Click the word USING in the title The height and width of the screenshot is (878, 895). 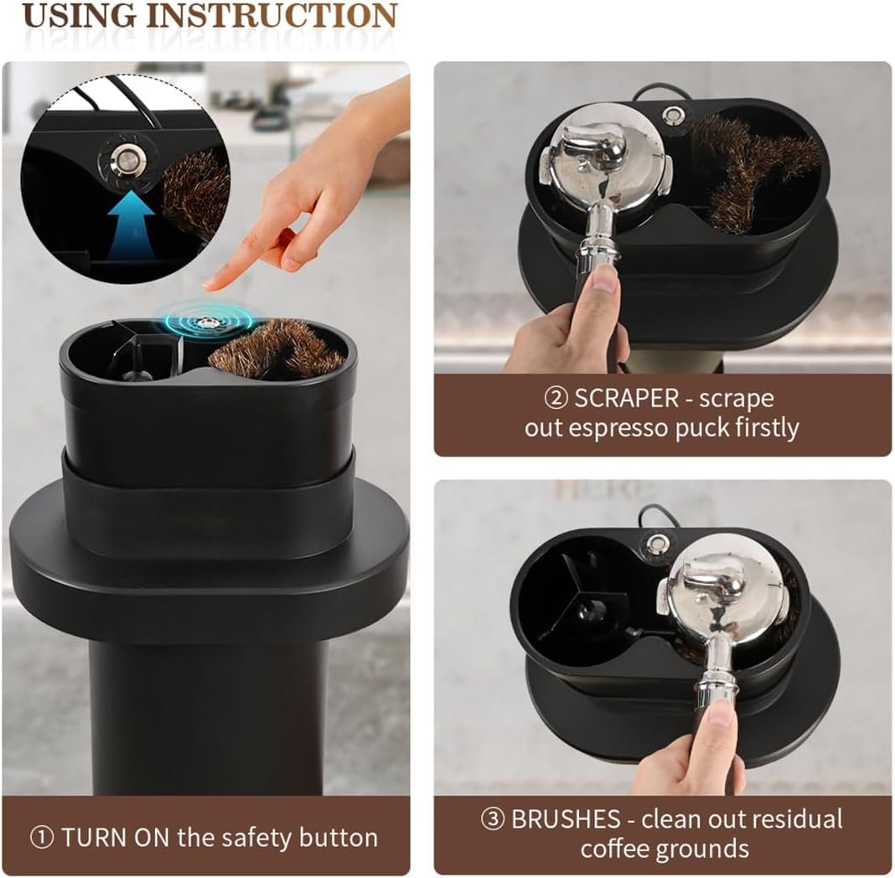(x=80, y=15)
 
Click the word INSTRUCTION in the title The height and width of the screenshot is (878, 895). (x=272, y=15)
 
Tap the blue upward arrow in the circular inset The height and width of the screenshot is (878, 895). (x=131, y=224)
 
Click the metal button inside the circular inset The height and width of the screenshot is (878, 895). (x=122, y=156)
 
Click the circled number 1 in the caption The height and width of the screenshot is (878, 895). (x=41, y=838)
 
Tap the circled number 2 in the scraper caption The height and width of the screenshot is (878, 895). (x=556, y=398)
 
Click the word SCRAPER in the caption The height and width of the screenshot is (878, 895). (x=626, y=398)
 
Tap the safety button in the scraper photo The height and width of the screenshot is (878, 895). (x=671, y=116)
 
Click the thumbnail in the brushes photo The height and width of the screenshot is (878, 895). (x=721, y=714)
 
